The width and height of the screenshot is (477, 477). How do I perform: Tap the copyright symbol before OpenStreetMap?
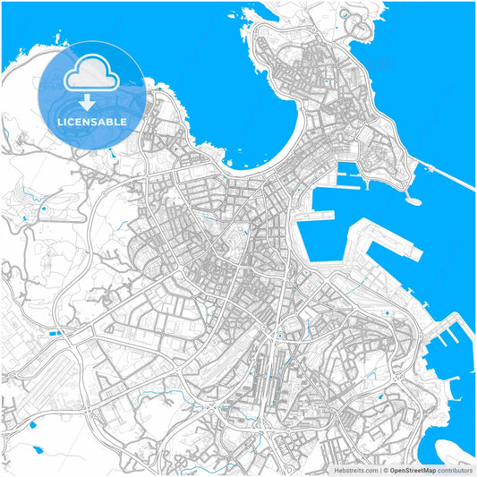point(385,469)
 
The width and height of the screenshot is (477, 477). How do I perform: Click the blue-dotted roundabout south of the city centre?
point(279,336)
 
